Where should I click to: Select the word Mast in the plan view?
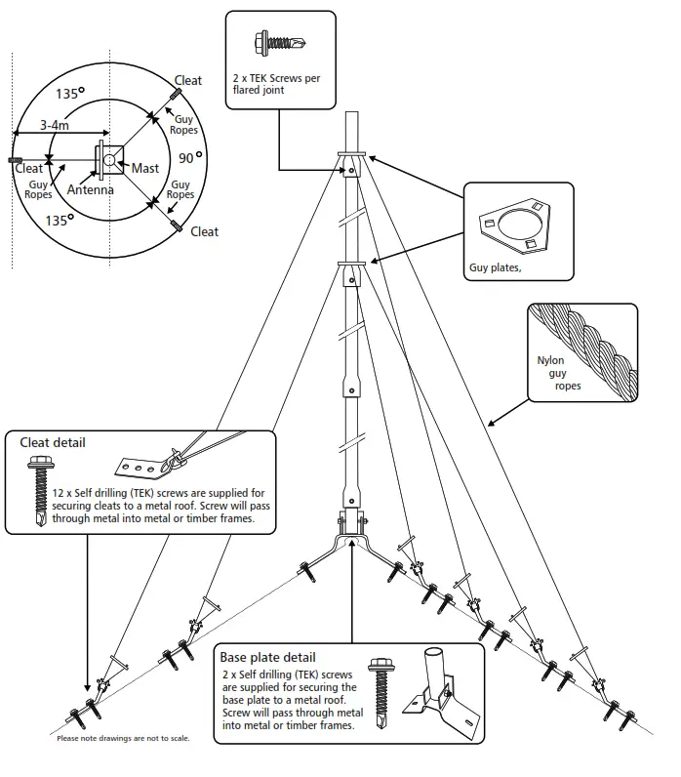pos(145,168)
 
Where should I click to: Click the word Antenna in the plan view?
pos(90,189)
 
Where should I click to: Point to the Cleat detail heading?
pos(53,442)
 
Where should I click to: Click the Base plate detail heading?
pos(267,657)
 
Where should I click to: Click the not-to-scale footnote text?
pos(123,738)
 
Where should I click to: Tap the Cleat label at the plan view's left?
pos(29,168)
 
